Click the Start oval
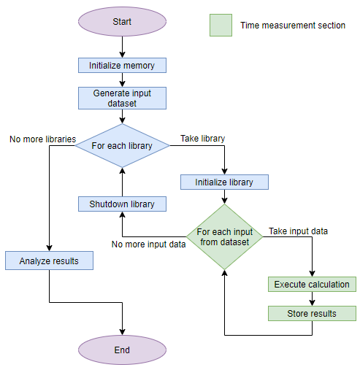tap(122, 22)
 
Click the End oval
tap(122, 350)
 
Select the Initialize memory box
tap(122, 66)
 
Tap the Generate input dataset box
tap(122, 99)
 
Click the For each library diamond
tap(122, 146)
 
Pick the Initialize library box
tap(224, 182)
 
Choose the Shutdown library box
tap(122, 204)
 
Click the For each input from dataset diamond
tap(224, 236)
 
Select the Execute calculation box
tap(312, 284)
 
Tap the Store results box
tap(312, 313)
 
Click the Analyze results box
tap(49, 260)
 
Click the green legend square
tap(221, 26)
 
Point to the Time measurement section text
tap(293, 26)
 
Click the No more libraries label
tap(42, 139)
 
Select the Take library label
tap(202, 139)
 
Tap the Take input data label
tap(298, 231)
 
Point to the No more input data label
tap(148, 244)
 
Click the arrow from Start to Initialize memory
tap(122, 47)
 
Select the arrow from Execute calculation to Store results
tap(312, 298)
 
